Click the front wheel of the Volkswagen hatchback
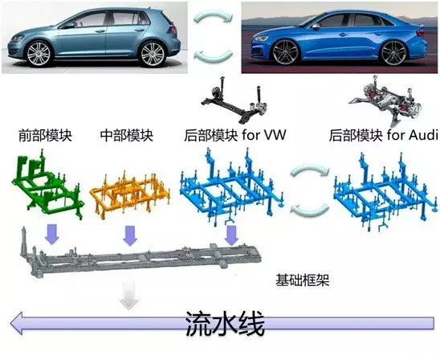tap(39, 53)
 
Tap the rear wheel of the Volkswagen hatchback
tap(153, 54)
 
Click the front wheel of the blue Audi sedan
tap(286, 52)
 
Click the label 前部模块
tap(45, 136)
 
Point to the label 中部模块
tap(127, 135)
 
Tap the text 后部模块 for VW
tap(235, 135)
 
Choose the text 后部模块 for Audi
tap(384, 135)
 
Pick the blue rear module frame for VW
tap(231, 186)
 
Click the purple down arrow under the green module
tap(52, 234)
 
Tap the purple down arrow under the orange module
tap(130, 236)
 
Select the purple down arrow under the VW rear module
tap(231, 235)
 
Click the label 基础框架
tap(302, 280)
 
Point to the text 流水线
tap(225, 323)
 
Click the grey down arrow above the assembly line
tap(129, 296)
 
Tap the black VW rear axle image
tap(234, 100)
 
